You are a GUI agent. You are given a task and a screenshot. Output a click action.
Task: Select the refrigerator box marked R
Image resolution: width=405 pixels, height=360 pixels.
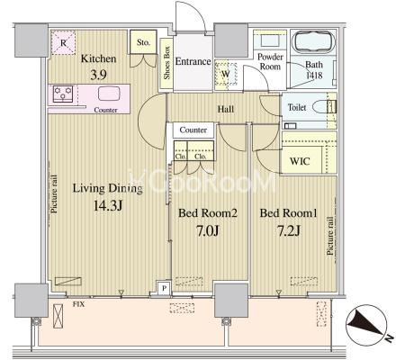(x=63, y=42)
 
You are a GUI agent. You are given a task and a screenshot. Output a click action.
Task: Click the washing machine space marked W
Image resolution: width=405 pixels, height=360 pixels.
(x=226, y=75)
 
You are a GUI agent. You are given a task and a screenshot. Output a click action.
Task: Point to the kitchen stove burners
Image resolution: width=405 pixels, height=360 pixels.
(x=63, y=94)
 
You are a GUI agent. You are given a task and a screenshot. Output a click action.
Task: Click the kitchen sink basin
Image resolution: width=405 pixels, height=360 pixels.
(x=109, y=93)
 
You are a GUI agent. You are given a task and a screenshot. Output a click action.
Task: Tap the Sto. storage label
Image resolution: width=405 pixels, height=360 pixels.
(x=143, y=42)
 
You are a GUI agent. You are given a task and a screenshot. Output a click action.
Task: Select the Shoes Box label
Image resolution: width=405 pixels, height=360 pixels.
(x=166, y=63)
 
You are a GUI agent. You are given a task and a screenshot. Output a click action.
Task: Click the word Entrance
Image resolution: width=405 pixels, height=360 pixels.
(x=193, y=61)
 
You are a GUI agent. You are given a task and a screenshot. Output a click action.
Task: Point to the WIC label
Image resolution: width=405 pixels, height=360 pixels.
(x=300, y=161)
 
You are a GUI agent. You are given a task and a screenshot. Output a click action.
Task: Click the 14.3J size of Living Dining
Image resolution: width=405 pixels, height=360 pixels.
(x=108, y=206)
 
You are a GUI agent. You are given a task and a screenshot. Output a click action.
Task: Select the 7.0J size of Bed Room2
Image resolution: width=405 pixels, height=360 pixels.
(x=208, y=230)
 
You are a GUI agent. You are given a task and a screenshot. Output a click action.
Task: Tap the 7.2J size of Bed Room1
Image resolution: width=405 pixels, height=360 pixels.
(x=289, y=230)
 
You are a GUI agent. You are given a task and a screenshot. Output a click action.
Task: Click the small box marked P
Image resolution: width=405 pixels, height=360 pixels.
(x=164, y=288)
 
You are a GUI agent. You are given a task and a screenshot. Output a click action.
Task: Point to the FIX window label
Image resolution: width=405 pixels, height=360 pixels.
(x=78, y=304)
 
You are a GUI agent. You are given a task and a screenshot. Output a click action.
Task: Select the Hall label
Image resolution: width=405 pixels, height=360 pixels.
(x=226, y=109)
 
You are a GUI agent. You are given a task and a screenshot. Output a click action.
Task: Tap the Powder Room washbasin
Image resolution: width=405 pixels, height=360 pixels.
(x=270, y=40)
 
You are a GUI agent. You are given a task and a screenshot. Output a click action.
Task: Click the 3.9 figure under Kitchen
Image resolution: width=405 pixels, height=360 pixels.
(x=98, y=75)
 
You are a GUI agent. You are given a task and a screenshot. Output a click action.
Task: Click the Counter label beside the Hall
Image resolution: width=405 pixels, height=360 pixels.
(x=193, y=130)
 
